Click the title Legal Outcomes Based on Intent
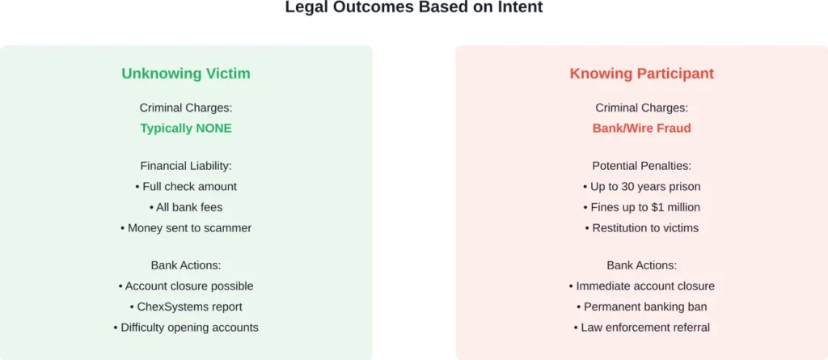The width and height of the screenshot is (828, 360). click(414, 8)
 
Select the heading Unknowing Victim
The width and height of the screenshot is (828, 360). click(186, 74)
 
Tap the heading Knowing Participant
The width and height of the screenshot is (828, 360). click(642, 74)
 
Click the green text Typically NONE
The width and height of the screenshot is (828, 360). click(186, 129)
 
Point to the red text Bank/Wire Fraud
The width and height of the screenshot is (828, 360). click(642, 129)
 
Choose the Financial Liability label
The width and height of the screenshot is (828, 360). click(186, 166)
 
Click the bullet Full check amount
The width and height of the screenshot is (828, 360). click(186, 187)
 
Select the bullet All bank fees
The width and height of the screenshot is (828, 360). click(186, 208)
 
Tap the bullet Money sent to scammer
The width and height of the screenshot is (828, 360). click(186, 228)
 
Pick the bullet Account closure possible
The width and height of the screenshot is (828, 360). click(186, 286)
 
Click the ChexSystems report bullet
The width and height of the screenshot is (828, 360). click(186, 307)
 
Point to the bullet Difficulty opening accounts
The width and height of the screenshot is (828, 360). click(186, 328)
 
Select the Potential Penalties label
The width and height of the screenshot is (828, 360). click(642, 166)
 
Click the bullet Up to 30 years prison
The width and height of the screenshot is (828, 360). click(642, 187)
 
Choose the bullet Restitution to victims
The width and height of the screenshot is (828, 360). click(642, 228)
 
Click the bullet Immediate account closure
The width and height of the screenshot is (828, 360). click(642, 286)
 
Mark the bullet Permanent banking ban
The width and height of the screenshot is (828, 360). click(642, 307)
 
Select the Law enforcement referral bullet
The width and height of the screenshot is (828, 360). click(642, 328)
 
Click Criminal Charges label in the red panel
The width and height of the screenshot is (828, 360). click(642, 108)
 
